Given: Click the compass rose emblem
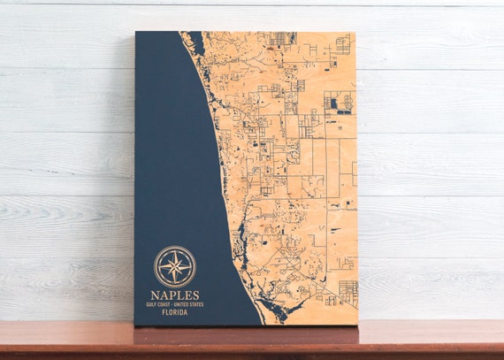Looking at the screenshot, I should point(175,265).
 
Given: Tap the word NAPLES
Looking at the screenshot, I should point(175,295).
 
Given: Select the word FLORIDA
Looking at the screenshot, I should point(175,311).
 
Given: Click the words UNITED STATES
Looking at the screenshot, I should point(189,304).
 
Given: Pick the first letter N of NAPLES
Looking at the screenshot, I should point(154,295).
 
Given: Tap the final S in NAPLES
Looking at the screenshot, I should point(196,295).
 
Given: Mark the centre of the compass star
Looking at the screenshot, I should point(175,265).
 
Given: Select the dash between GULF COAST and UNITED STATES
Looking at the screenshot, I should point(174,304).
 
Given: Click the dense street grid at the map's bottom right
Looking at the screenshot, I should point(347,293).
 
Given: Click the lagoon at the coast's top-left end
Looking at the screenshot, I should point(193,42).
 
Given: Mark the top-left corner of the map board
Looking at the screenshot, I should point(136,32).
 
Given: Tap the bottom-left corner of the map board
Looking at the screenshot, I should point(135,325).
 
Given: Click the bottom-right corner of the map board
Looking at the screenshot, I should point(357,325).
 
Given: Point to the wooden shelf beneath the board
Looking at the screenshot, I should point(252,340).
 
